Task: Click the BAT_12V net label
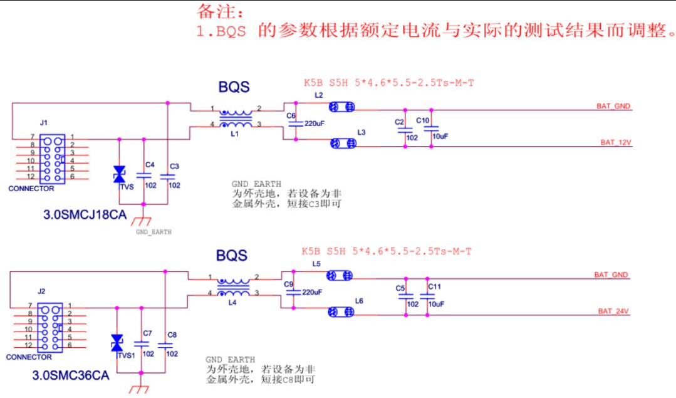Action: coord(616,143)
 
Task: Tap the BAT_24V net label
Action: coord(613,312)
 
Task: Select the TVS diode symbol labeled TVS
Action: coord(119,174)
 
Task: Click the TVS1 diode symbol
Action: coord(117,343)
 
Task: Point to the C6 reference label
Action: coord(291,116)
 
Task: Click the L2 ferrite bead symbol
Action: coord(342,107)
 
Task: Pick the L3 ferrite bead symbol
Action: coord(343,143)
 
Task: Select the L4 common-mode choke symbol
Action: coord(233,287)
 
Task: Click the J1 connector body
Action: coord(52,159)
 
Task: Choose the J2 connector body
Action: coord(50,328)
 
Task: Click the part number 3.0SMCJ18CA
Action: coord(85,215)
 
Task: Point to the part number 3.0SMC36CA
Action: coord(71,375)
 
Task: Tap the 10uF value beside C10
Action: coord(440,136)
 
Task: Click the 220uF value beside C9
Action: coord(312,292)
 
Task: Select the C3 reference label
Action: coord(174,167)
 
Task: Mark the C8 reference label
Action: coord(172,335)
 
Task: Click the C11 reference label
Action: coord(435,287)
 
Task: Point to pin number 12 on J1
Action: coord(31,176)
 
